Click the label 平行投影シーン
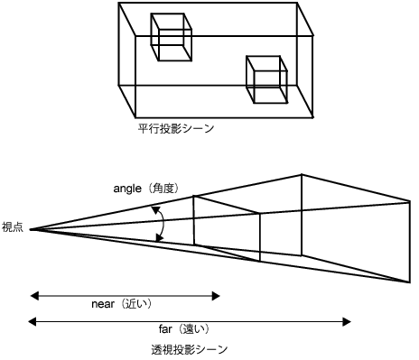(172, 129)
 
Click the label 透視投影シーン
(191, 347)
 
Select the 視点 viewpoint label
(13, 226)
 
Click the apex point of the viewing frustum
(31, 229)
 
